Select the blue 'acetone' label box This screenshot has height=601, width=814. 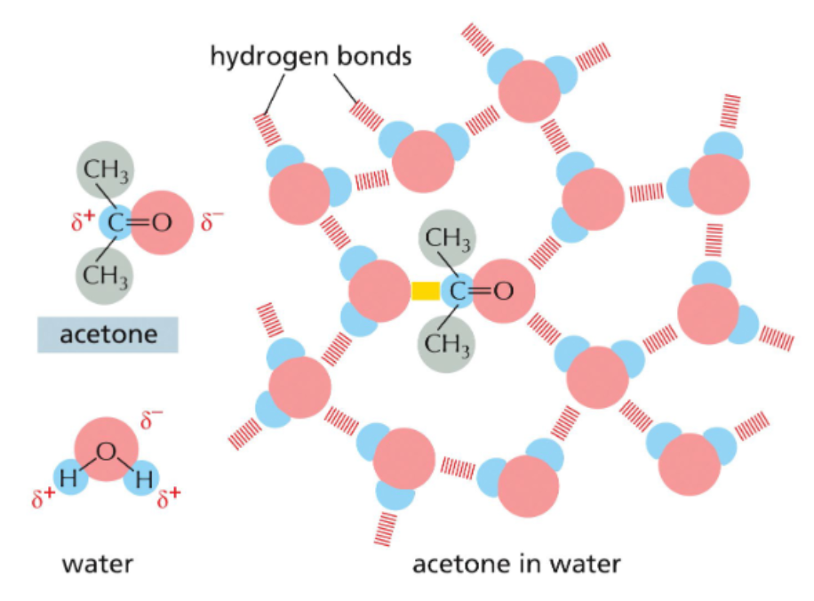point(108,335)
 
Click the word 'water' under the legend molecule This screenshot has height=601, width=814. point(98,563)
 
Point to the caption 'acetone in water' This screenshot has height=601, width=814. point(515,564)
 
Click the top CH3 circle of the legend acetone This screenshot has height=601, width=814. point(106,170)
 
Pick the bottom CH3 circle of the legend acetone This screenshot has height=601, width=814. point(106,270)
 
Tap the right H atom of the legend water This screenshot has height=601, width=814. point(145,481)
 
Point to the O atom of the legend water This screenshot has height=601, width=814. point(106,451)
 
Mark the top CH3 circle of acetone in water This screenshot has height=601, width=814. point(448,237)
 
